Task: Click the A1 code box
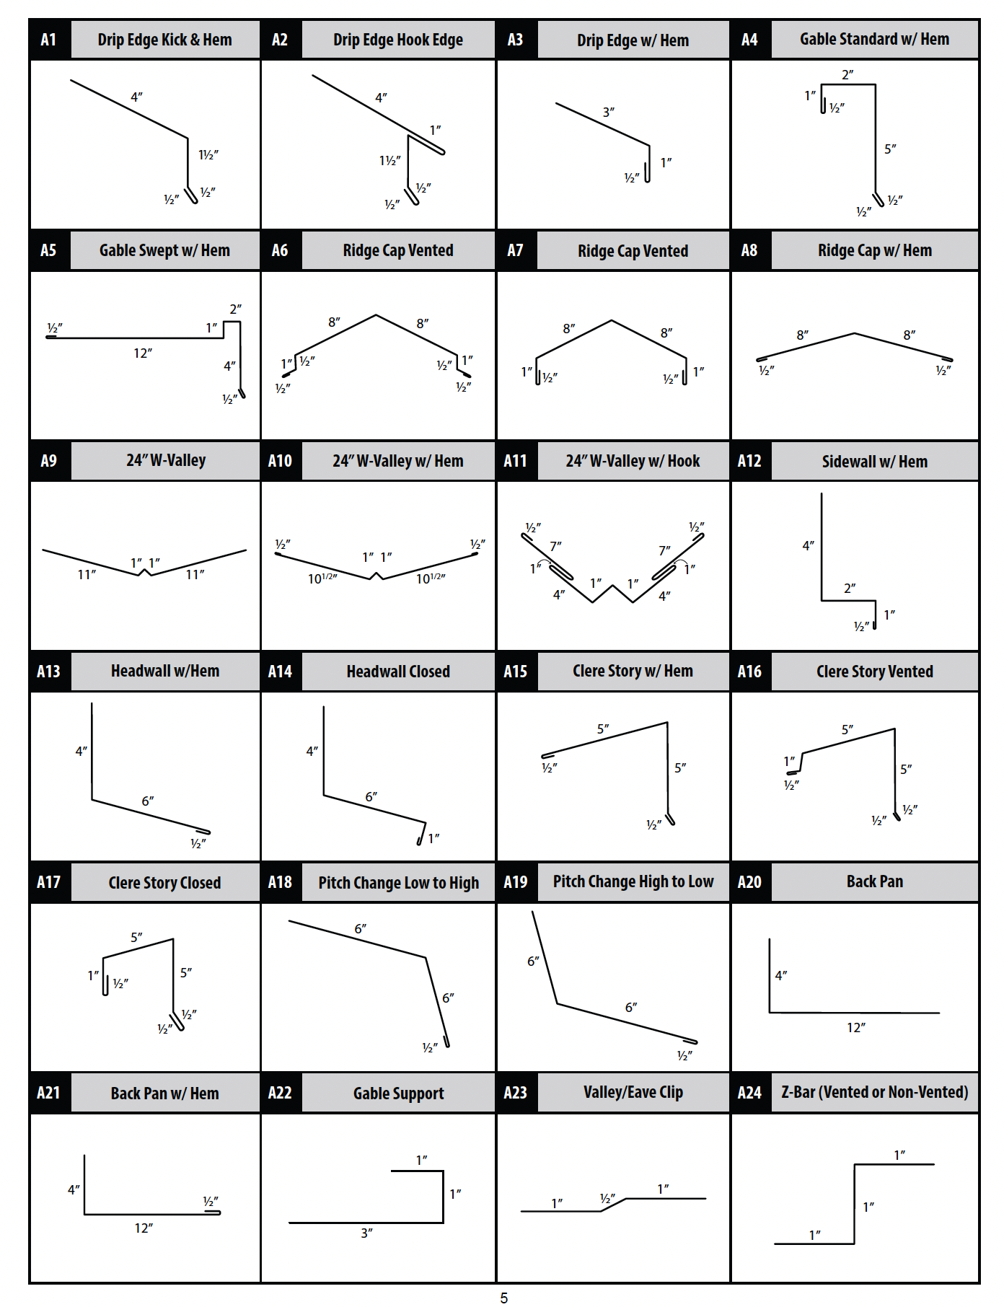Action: pos(49,40)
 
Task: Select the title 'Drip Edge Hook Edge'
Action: pos(398,40)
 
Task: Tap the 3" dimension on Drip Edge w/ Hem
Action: pos(609,112)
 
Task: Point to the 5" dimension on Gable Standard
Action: pos(891,149)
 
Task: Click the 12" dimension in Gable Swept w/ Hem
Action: pos(143,353)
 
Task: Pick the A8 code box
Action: pos(750,250)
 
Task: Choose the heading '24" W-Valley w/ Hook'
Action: pos(633,461)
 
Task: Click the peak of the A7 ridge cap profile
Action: pos(612,320)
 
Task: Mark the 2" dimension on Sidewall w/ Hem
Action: pos(850,588)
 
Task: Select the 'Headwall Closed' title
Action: pos(398,672)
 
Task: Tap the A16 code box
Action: pos(750,672)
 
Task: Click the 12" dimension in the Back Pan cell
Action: pos(856,1027)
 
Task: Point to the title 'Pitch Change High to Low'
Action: pos(633,881)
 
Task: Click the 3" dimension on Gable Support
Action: pos(366,1233)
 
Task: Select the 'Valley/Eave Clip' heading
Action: pos(633,1092)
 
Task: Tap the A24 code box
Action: pos(750,1093)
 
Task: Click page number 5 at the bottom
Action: pos(504,1298)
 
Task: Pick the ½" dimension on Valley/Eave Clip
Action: pos(607,1198)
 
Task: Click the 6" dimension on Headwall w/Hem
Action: pos(148,801)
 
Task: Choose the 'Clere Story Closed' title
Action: pos(164,883)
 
